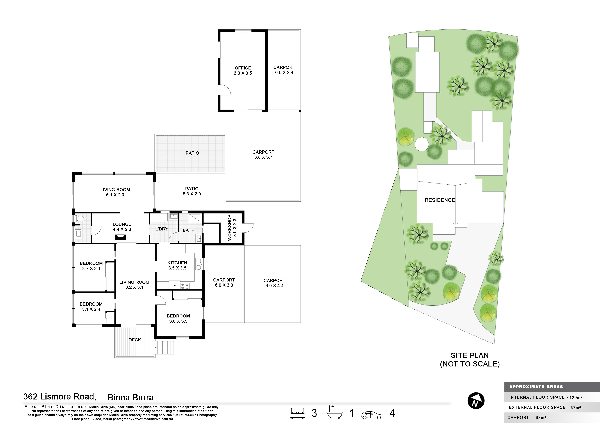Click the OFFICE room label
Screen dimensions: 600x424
coord(243,68)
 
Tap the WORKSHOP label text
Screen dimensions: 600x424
coord(229,228)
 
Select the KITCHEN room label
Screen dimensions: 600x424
coord(177,263)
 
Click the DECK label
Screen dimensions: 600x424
coord(135,340)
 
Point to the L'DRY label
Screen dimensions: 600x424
coord(162,229)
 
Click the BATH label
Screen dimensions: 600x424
coord(189,230)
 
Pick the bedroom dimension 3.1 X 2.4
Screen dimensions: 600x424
coord(91,309)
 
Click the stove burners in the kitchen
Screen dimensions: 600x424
coord(185,286)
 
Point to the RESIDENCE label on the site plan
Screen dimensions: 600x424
coord(440,200)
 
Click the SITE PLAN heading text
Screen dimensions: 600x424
coord(470,355)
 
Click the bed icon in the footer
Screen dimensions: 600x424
coord(298,413)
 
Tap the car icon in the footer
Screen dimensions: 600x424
coord(372,415)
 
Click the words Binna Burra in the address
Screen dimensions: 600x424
coord(131,397)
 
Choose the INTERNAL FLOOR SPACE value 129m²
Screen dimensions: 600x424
coord(576,397)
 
